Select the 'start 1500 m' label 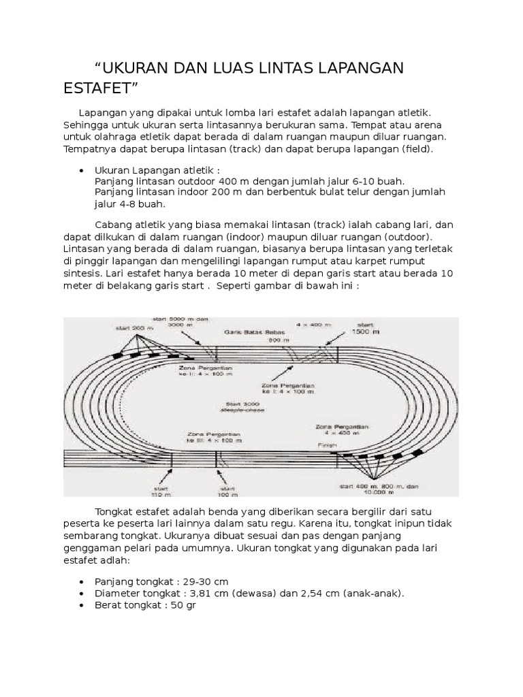(366, 327)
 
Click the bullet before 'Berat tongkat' (82, 604)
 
